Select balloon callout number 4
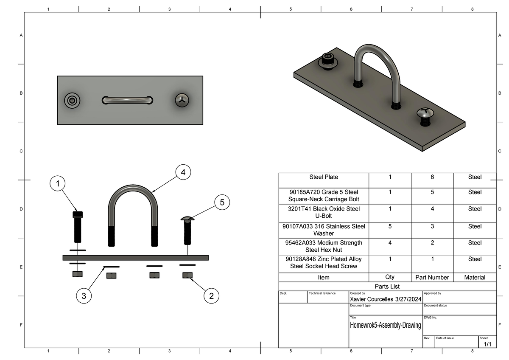click(183, 172)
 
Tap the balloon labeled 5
click(222, 202)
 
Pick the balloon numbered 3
click(84, 296)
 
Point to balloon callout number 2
click(211, 296)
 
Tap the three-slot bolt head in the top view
click(182, 100)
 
